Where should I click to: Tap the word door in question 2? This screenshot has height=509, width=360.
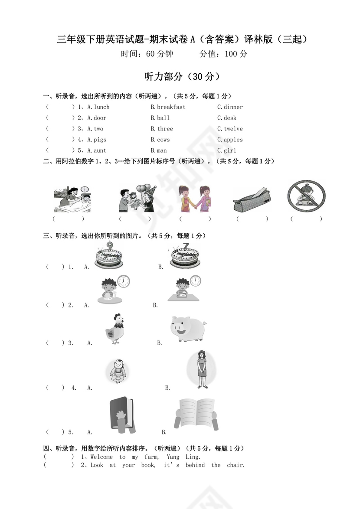tap(100, 118)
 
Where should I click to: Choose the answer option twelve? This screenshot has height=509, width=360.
tap(233, 129)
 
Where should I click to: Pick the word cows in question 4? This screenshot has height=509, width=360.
tap(163, 140)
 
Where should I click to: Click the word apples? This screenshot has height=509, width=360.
tap(233, 140)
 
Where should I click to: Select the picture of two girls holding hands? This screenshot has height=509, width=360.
tap(194, 199)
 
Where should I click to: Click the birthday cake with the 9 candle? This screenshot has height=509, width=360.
tap(108, 256)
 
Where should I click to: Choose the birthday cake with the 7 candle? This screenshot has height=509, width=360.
tap(184, 256)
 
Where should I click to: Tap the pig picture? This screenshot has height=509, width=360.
tap(188, 328)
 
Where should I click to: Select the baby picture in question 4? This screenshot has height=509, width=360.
tap(116, 371)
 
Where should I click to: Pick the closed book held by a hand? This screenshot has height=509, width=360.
tap(121, 415)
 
